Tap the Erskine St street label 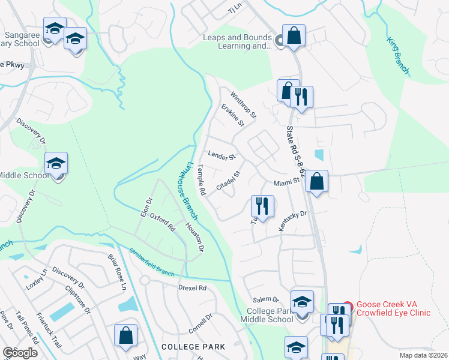click(232, 115)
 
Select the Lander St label click(221, 157)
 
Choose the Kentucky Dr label click(292, 221)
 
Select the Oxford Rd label click(162, 223)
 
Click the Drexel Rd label click(192, 287)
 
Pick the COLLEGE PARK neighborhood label click(193, 347)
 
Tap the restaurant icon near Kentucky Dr click(262, 206)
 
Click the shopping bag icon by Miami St click(316, 181)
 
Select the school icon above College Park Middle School click(302, 301)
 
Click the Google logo click(20, 352)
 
